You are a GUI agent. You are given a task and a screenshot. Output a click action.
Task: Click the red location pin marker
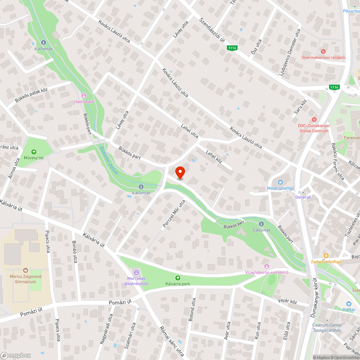(x=180, y=172)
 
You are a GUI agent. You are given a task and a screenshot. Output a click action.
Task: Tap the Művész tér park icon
(x=34, y=152)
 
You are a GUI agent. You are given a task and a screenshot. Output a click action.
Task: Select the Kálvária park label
(x=177, y=284)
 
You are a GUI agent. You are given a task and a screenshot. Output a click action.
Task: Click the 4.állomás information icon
(x=141, y=187)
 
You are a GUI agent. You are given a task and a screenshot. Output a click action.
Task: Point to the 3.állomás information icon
(x=261, y=224)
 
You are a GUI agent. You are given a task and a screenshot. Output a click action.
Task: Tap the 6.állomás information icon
(x=44, y=42)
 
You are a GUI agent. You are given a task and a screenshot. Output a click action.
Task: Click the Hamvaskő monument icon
(x=84, y=96)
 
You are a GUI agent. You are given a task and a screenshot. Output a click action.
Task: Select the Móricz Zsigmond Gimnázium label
(x=25, y=279)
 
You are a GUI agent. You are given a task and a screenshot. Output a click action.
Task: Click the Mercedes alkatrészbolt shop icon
(x=136, y=271)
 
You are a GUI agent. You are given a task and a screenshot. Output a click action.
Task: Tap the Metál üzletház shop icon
(x=281, y=182)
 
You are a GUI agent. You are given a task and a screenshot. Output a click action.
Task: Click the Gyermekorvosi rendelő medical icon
(x=323, y=51)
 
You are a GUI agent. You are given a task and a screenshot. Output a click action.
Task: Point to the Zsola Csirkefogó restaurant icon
(x=326, y=256)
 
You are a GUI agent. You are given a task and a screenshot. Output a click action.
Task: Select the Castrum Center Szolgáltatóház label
(x=327, y=328)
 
